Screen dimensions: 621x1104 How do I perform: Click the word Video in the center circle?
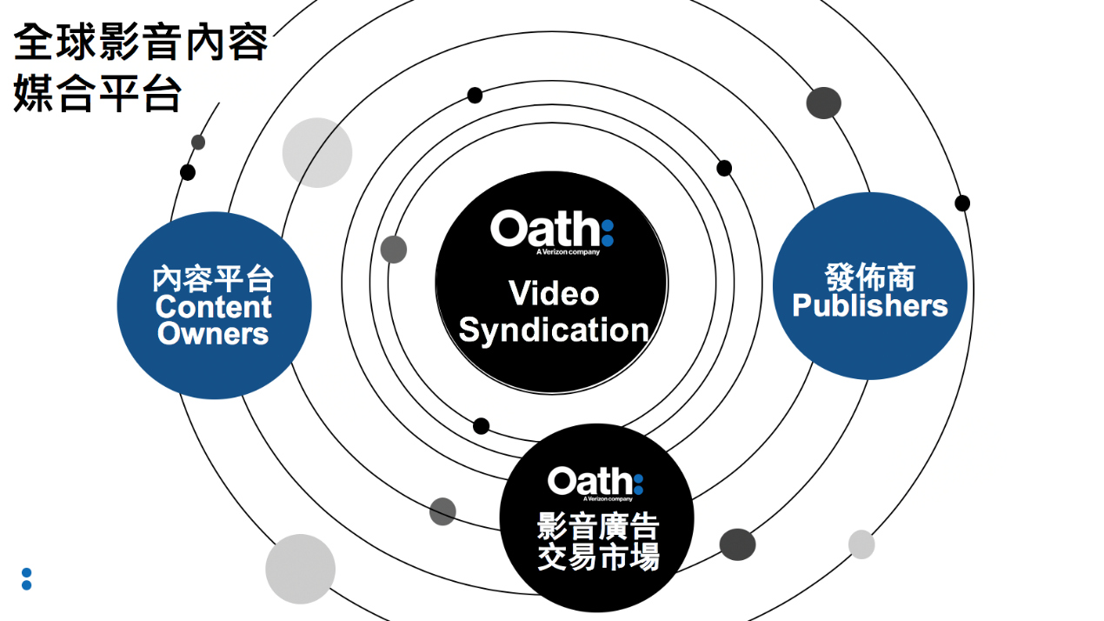click(x=554, y=293)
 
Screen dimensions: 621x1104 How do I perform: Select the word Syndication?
click(x=554, y=331)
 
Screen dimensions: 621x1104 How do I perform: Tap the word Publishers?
click(x=869, y=306)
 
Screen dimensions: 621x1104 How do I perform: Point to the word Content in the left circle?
click(x=214, y=307)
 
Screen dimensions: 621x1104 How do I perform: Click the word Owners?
click(x=214, y=334)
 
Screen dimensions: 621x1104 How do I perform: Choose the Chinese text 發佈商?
click(x=869, y=277)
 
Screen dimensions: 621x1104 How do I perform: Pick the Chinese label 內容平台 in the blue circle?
click(x=214, y=279)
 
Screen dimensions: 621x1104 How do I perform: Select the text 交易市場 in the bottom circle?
click(x=598, y=556)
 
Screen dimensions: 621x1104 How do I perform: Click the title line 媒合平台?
click(x=97, y=94)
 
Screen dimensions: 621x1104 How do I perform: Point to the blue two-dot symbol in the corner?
click(x=27, y=579)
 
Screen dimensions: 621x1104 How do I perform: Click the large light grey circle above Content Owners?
click(x=317, y=152)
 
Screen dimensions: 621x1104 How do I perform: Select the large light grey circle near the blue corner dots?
click(x=300, y=569)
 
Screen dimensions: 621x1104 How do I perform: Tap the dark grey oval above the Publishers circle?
click(x=823, y=103)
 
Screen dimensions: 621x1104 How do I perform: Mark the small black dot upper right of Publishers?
click(x=962, y=203)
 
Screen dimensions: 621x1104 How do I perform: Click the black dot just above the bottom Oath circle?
click(x=481, y=425)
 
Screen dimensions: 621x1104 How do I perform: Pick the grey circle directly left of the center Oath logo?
click(x=394, y=249)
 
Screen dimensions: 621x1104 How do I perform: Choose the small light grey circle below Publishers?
click(x=861, y=544)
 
